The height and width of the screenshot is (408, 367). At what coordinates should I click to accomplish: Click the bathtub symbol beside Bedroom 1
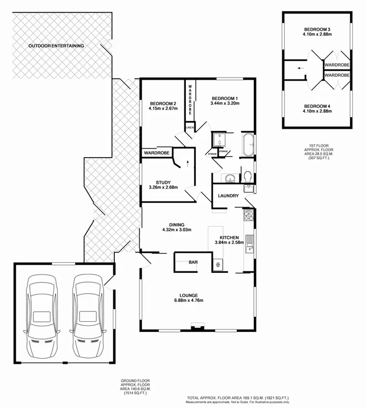[249, 145]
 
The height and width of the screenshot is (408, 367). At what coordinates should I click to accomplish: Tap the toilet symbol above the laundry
[248, 176]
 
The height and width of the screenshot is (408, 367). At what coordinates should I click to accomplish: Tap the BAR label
[193, 262]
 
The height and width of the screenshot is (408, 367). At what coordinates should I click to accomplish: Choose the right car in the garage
[88, 316]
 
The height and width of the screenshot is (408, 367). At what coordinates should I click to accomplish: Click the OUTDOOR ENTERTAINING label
[56, 46]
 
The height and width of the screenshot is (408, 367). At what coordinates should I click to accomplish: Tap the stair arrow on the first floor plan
[301, 67]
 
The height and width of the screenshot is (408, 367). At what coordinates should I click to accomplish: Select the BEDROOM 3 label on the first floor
[317, 29]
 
